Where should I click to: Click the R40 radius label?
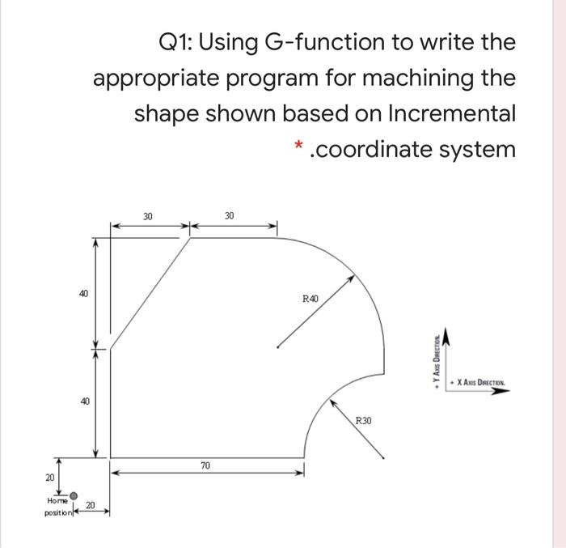310,299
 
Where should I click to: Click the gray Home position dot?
74,495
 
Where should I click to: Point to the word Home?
58,501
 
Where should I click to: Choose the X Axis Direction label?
484,381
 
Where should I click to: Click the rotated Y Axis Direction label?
437,360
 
